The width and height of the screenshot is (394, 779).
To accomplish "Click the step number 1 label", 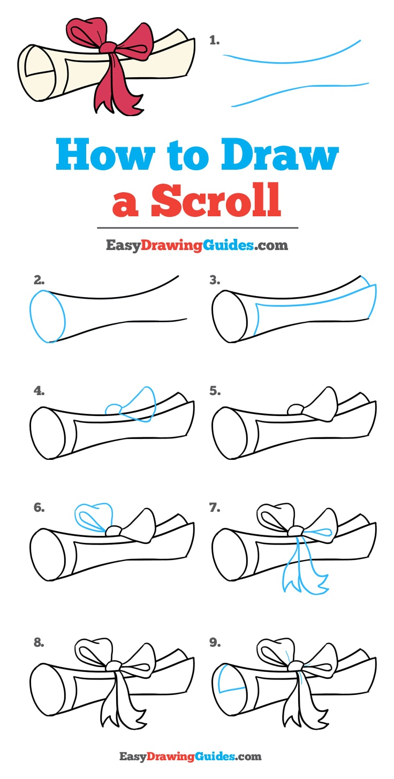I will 215,40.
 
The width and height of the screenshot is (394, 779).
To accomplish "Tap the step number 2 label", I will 39,279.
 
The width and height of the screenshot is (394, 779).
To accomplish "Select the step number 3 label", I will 215,279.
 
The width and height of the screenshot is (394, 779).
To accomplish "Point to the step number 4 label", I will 39,391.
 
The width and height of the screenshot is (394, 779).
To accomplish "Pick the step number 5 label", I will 215,391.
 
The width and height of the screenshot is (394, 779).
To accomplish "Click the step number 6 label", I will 39,507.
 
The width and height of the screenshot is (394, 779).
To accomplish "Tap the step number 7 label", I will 215,507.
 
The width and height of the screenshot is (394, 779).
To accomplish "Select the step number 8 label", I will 39,628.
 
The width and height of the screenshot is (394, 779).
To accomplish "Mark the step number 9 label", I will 215,628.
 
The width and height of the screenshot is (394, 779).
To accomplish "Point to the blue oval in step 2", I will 47,316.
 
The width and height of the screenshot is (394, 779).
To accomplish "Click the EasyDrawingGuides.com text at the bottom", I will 190,757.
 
